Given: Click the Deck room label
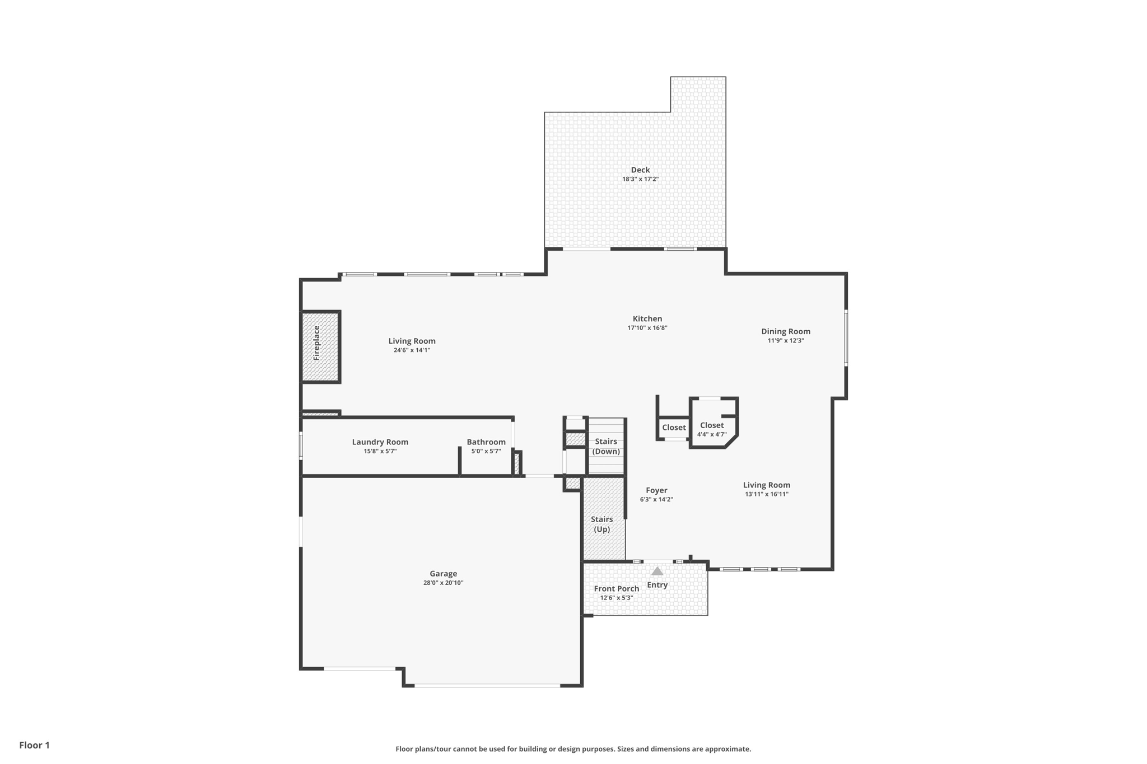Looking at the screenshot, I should click(x=640, y=170).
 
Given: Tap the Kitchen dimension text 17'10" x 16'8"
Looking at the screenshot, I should click(x=647, y=328).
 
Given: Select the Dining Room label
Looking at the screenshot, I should click(x=785, y=331).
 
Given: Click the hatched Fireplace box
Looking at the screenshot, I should click(x=320, y=347).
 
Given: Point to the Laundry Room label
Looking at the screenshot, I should click(x=380, y=442).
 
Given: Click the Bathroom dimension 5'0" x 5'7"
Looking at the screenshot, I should click(x=486, y=451).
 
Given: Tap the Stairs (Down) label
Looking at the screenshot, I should click(x=606, y=447).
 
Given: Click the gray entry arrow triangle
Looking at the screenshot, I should click(x=658, y=571).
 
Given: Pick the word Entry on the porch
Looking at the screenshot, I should click(x=657, y=585).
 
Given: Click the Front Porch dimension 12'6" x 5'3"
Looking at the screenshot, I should click(x=616, y=598).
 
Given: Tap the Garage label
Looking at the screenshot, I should click(x=443, y=574).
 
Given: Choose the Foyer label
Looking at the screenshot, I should click(x=656, y=490).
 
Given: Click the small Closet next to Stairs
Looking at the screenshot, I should click(x=674, y=428).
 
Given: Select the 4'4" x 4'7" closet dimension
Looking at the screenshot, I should click(x=711, y=434).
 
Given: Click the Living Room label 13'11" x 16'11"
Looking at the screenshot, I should click(x=766, y=485).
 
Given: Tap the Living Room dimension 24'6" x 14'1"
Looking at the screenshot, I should click(x=412, y=350).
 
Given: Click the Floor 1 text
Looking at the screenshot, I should click(x=34, y=745).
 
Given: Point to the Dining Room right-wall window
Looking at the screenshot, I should click(x=846, y=338).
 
